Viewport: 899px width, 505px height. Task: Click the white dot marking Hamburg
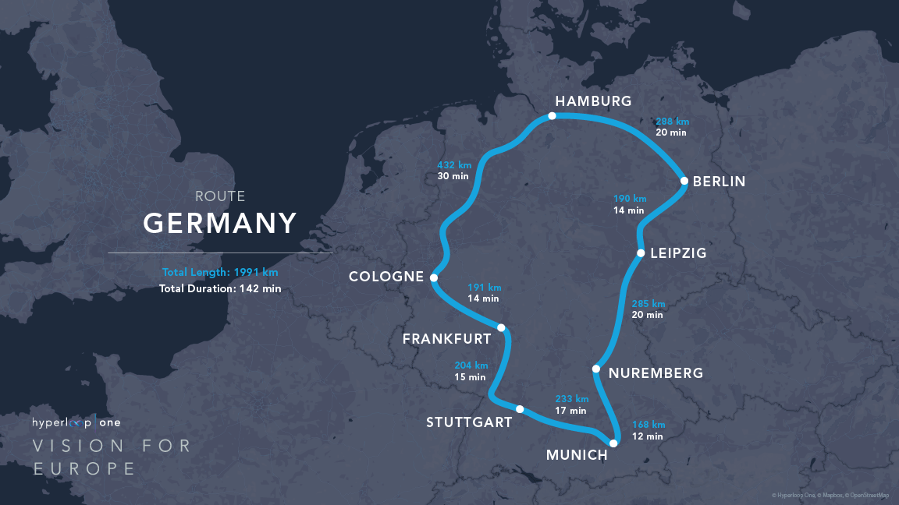click(x=552, y=115)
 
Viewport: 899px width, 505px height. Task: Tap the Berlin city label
click(x=719, y=182)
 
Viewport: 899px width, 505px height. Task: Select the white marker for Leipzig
click(x=641, y=252)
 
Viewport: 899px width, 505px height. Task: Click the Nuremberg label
click(x=656, y=373)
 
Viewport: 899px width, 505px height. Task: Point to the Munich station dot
click(x=613, y=443)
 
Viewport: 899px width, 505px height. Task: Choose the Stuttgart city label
click(x=469, y=422)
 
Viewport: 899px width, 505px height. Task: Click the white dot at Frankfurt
click(x=501, y=327)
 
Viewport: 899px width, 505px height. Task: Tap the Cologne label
click(x=386, y=277)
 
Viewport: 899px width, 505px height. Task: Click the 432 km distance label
click(x=454, y=164)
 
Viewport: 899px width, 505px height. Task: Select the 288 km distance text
click(x=672, y=122)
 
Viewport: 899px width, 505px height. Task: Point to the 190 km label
click(x=630, y=199)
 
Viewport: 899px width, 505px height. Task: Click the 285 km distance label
click(x=648, y=303)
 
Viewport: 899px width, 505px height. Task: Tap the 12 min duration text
click(x=648, y=436)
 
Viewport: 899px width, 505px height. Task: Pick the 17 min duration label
click(x=570, y=410)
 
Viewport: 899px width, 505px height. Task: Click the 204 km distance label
click(x=471, y=366)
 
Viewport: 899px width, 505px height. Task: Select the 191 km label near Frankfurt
click(x=484, y=287)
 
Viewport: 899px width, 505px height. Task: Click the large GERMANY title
click(x=220, y=224)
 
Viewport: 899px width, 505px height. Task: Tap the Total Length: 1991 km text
click(x=220, y=272)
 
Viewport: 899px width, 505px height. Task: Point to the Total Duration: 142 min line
click(x=220, y=288)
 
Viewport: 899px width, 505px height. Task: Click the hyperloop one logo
click(x=76, y=422)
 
